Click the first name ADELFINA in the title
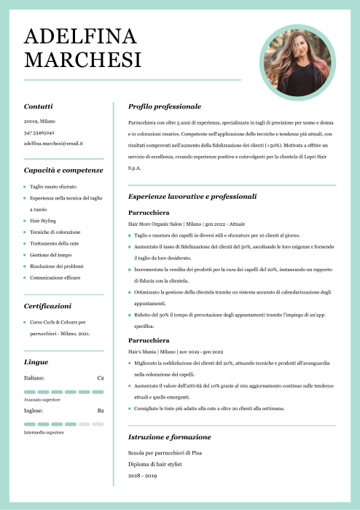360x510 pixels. pyautogui.click(x=80, y=36)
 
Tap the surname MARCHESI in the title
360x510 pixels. pyautogui.click(x=82, y=59)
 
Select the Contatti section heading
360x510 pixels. pyautogui.click(x=38, y=106)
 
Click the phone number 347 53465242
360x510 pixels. pyautogui.click(x=39, y=133)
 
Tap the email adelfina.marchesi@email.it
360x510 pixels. pyautogui.click(x=53, y=144)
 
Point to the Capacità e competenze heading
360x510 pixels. pyautogui.click(x=63, y=170)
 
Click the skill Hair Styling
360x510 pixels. pyautogui.click(x=43, y=220)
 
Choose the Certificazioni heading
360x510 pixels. pyautogui.click(x=47, y=306)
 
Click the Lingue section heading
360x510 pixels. pyautogui.click(x=36, y=361)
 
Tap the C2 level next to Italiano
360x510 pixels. pyautogui.click(x=101, y=378)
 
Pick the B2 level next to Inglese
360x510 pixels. pyautogui.click(x=101, y=410)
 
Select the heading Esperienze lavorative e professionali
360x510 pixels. pyautogui.click(x=192, y=197)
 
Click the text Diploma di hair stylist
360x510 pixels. pyautogui.click(x=154, y=463)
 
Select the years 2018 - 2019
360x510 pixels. pyautogui.click(x=142, y=475)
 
